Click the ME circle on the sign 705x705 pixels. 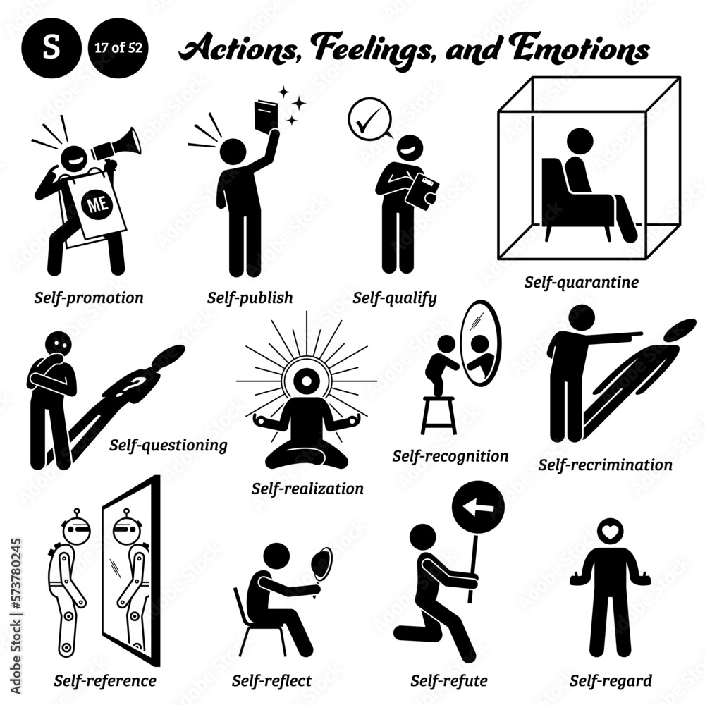[x=95, y=205]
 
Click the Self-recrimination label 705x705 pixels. [x=605, y=465]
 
